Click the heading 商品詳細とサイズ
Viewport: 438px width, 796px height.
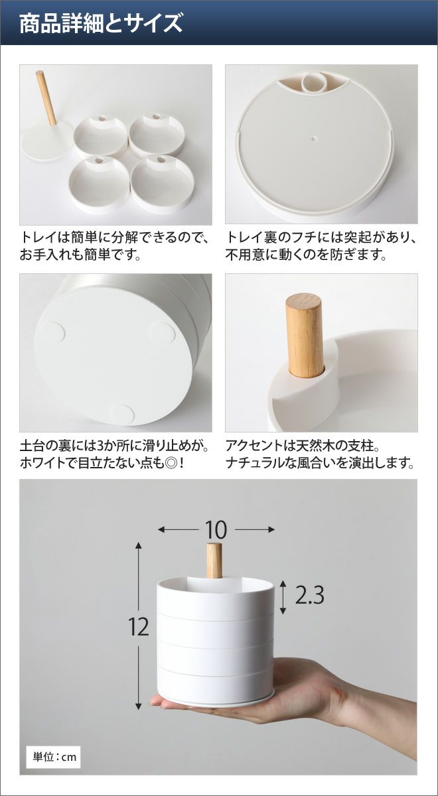[x=101, y=24]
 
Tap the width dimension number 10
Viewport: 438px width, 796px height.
[x=216, y=529]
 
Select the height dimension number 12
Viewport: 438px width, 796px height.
[x=139, y=627]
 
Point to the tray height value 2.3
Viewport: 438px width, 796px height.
[x=310, y=595]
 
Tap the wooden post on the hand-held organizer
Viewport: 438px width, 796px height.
[x=214, y=560]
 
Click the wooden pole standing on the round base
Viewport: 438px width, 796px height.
[x=46, y=98]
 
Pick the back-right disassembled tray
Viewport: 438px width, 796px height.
[x=156, y=134]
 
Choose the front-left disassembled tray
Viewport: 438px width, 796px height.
[x=99, y=184]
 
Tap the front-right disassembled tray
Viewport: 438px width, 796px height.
[x=163, y=184]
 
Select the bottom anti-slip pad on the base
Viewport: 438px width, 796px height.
[x=123, y=415]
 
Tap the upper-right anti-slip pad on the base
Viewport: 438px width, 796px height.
[x=163, y=333]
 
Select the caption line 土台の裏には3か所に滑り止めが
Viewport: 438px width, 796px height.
[x=114, y=446]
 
